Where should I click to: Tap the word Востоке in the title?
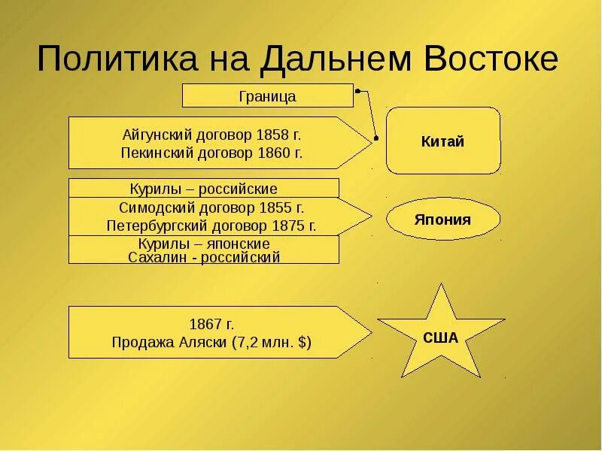tap(491, 59)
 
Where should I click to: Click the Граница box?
tap(267, 96)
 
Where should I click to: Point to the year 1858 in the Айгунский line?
tap(272, 135)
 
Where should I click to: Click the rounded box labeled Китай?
tap(443, 141)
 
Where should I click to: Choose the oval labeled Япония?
tap(442, 219)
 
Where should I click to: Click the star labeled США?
tap(441, 337)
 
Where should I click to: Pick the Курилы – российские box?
tap(203, 189)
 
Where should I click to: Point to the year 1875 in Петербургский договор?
tap(289, 225)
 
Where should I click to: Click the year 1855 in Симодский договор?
tap(276, 207)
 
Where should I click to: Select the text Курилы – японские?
tap(204, 244)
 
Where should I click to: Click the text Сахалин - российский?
tap(204, 257)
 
